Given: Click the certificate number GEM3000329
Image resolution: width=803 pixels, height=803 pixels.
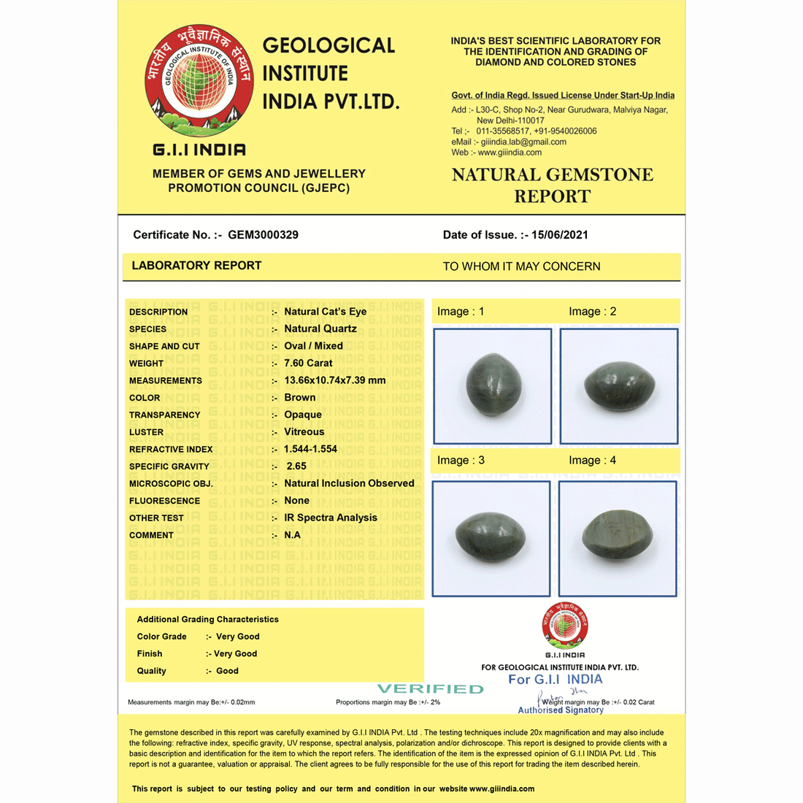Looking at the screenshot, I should coord(263,235).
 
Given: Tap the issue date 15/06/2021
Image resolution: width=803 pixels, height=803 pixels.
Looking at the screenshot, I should coord(559,235).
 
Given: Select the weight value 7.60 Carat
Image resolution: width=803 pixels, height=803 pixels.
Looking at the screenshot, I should coord(308,363).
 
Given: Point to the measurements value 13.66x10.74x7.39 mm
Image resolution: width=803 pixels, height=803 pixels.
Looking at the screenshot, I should coord(334,380).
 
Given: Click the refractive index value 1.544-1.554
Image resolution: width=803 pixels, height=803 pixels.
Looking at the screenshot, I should coord(310,449).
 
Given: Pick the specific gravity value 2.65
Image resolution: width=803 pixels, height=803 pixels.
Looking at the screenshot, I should coord(296,466).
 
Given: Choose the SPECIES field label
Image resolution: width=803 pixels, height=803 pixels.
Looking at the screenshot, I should coord(147,329).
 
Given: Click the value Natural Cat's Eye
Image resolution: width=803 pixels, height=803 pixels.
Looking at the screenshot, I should coord(325,312).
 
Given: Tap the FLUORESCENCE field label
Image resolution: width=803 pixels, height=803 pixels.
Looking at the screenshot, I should coord(164,501).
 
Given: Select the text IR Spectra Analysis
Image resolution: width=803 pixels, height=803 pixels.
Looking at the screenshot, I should coord(330,518).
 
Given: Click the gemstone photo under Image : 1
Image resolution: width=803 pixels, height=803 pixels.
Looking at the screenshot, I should coord(492,386).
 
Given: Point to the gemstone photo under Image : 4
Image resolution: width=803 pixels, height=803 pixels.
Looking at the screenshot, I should coord(618,539).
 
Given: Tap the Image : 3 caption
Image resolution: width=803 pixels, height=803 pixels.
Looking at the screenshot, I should coord(461,461).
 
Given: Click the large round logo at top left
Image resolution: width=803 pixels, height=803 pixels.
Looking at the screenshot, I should coord(199,80).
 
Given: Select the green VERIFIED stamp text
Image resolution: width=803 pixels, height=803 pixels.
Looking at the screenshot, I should coord(430,688).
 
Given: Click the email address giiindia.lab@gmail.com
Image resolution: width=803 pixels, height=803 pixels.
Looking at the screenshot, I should coord(523,142).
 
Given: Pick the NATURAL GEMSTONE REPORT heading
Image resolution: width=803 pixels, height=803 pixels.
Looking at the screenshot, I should coord(552,185).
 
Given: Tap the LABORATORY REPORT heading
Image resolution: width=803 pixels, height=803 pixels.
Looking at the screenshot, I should coord(196,266).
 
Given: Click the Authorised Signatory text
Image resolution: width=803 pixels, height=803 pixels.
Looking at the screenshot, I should coord(561,710).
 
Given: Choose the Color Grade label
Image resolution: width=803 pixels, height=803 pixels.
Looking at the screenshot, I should coord(161,637).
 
